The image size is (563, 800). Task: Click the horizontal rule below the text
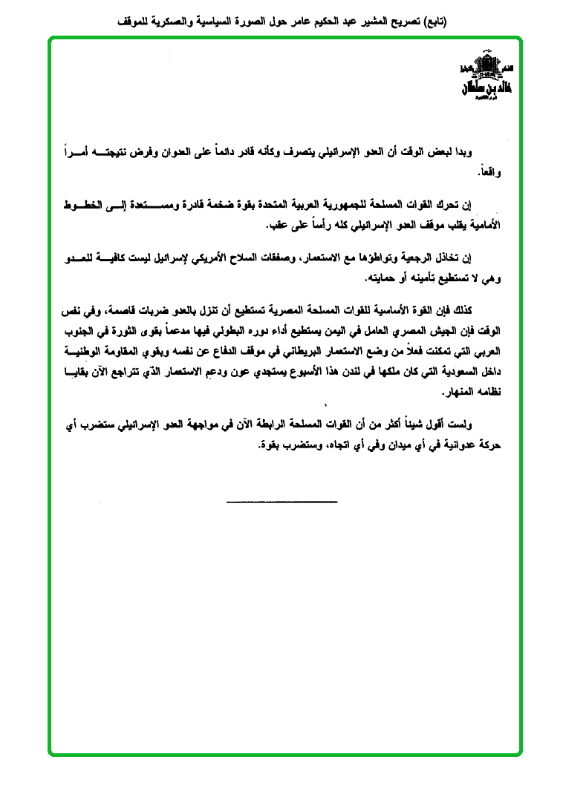[281, 502]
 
